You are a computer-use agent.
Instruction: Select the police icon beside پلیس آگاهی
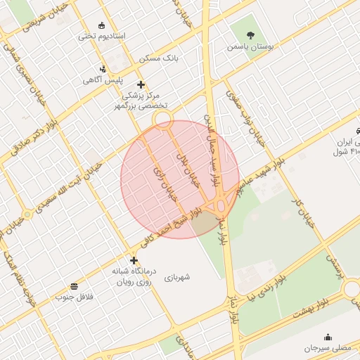(103, 69)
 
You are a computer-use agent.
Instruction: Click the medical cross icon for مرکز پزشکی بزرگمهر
(141, 84)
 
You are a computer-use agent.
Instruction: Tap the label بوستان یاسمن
(250, 46)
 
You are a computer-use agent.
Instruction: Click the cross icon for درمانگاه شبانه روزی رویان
(134, 259)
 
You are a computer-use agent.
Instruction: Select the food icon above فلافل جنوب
(74, 285)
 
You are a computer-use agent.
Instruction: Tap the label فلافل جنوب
(74, 297)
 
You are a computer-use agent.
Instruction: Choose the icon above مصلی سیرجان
(327, 337)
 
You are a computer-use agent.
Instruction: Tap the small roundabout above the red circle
(163, 117)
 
